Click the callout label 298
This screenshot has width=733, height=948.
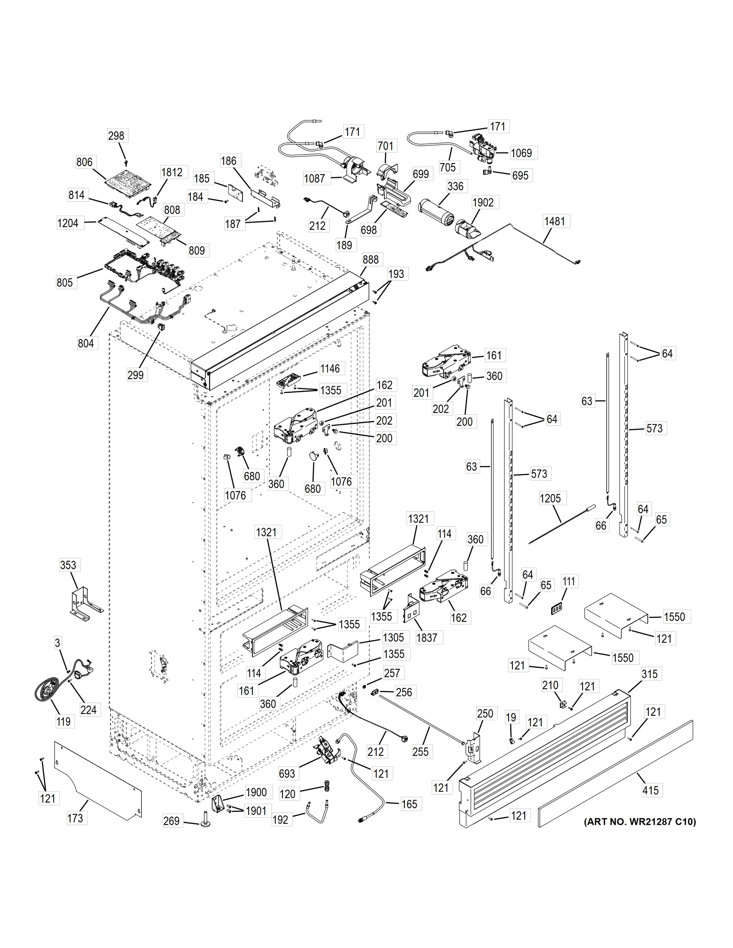click(x=116, y=136)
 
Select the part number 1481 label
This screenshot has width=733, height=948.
click(x=554, y=221)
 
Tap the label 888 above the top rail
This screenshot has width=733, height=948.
click(x=371, y=260)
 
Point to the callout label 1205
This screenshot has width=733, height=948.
click(x=550, y=498)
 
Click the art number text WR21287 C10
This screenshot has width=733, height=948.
click(x=640, y=822)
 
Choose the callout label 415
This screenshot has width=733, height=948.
click(x=650, y=790)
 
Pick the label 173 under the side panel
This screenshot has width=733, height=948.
click(x=75, y=818)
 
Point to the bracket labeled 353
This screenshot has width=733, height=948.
click(x=85, y=601)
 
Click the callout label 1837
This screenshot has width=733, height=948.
click(x=426, y=638)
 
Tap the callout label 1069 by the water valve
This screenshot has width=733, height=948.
click(x=521, y=153)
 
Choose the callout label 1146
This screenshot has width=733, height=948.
click(x=330, y=369)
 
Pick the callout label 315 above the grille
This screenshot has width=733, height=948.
click(x=650, y=674)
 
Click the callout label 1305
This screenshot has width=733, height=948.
click(x=393, y=637)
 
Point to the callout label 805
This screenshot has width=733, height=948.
click(x=65, y=282)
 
